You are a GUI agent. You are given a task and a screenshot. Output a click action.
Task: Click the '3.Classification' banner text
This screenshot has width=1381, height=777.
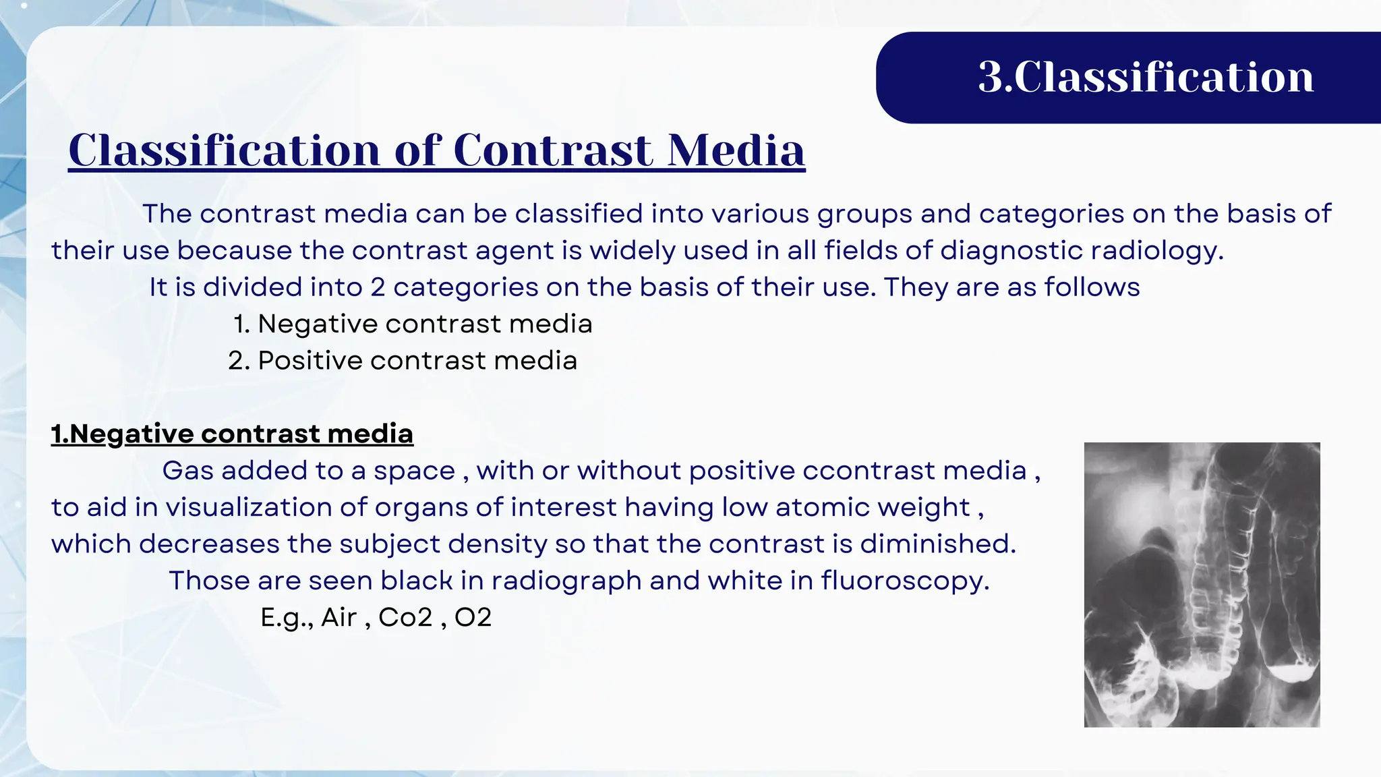pyautogui.click(x=1146, y=77)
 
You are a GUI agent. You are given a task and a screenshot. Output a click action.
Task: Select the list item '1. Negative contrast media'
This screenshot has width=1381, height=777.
pyautogui.click(x=413, y=324)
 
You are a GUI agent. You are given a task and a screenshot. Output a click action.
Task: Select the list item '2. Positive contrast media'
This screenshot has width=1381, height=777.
pyautogui.click(x=403, y=360)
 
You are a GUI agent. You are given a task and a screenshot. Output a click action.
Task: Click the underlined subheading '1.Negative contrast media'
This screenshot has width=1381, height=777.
pyautogui.click(x=232, y=434)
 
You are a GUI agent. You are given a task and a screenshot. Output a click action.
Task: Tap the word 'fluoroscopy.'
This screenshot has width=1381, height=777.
pyautogui.click(x=905, y=581)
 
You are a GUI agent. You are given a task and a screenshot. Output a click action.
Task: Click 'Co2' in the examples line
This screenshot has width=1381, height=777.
pyautogui.click(x=405, y=617)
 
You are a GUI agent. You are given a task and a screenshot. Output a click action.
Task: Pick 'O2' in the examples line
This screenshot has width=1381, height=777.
pyautogui.click(x=473, y=617)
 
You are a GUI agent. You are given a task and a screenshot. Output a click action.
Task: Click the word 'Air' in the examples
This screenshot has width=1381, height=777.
pyautogui.click(x=339, y=617)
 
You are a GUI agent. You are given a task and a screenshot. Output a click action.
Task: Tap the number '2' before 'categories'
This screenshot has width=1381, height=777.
pyautogui.click(x=378, y=287)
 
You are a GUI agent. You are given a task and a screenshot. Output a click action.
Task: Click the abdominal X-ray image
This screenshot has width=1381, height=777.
pyautogui.click(x=1202, y=584)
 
